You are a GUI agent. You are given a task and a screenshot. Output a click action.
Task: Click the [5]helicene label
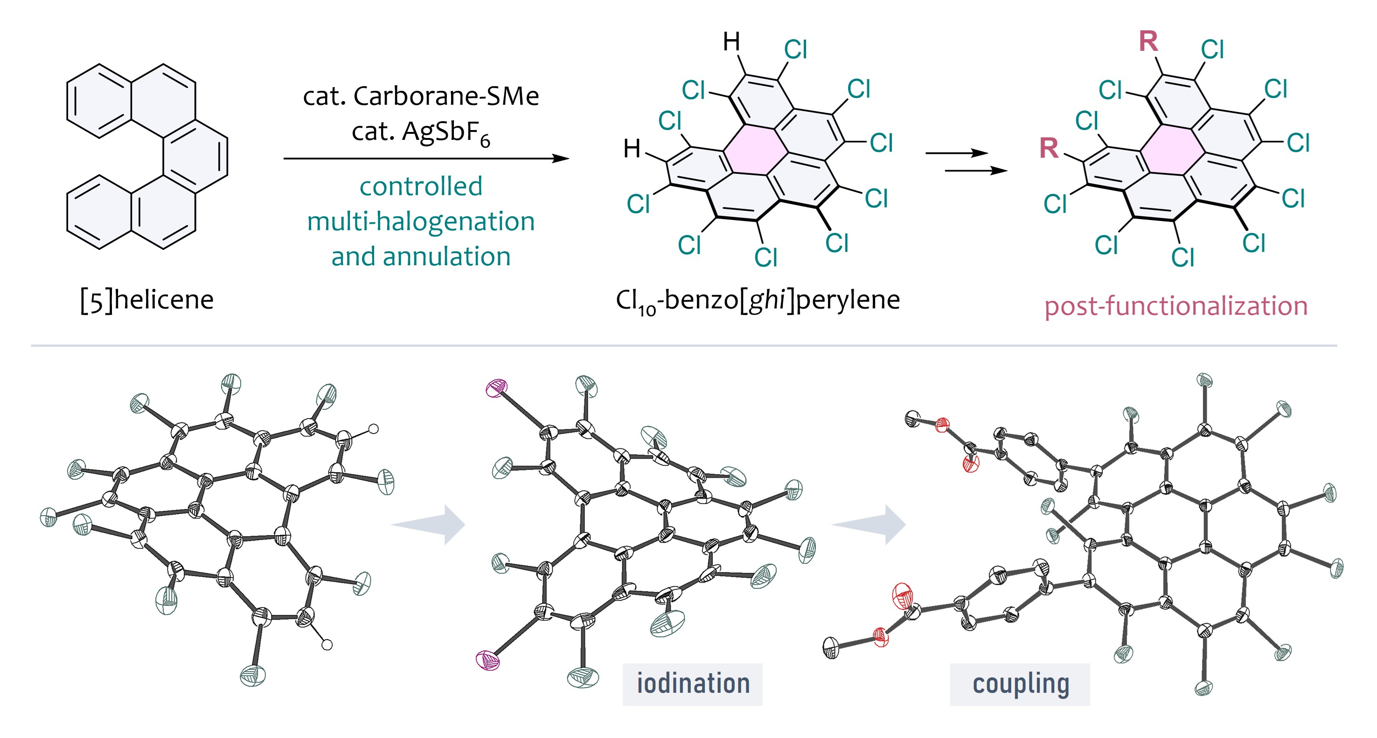[146, 300]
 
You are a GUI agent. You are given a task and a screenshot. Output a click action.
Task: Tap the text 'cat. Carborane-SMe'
[421, 96]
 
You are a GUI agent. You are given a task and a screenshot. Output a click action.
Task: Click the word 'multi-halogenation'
[421, 221]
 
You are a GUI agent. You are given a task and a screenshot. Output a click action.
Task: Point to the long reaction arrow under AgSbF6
[425, 159]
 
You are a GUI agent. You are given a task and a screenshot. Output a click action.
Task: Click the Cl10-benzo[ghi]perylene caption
[758, 300]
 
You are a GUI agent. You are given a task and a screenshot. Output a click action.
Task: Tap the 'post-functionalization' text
[1175, 306]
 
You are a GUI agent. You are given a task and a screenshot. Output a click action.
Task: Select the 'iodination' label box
[692, 684]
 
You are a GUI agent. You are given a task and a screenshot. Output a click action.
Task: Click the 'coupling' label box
[1019, 684]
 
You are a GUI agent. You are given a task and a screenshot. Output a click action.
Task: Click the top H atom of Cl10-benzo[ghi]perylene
[731, 41]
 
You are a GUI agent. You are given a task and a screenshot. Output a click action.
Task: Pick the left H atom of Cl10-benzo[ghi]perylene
[632, 149]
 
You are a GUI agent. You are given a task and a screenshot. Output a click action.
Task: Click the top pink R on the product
[1148, 41]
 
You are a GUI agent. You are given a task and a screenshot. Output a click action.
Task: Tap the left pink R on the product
[1049, 149]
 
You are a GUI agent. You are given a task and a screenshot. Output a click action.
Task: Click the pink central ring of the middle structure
[756, 151]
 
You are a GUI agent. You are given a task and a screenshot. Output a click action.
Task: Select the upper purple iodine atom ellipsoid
[496, 388]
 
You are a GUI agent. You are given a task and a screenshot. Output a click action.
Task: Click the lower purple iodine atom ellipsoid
[488, 661]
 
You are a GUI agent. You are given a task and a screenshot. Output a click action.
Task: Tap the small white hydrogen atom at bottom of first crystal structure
[327, 645]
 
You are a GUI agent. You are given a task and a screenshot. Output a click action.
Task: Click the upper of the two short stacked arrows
[956, 153]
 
